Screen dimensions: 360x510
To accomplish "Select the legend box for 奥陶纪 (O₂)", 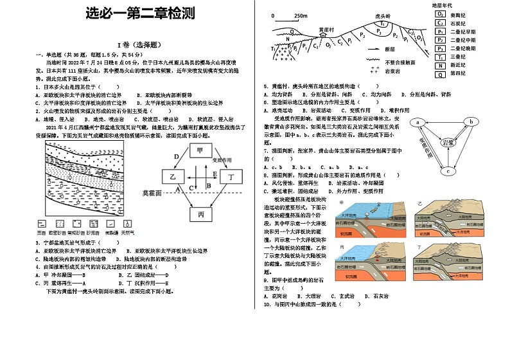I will (x=441, y=14).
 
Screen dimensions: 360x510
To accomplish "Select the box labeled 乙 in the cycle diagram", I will (x=172, y=175).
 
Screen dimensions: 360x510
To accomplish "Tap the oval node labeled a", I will (x=418, y=122).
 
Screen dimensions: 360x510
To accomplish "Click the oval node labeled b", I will (x=470, y=122).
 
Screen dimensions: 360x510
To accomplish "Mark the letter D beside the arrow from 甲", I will (x=176, y=156).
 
